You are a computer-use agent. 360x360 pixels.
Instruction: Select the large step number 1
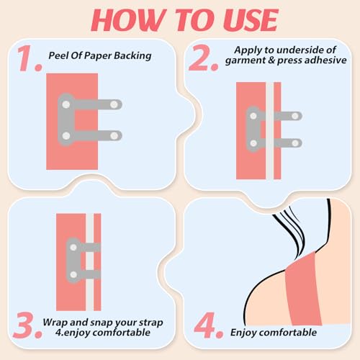click(x=28, y=61)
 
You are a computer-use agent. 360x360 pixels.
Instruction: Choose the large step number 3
click(x=29, y=323)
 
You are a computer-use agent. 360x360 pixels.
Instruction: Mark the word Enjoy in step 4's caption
click(x=244, y=332)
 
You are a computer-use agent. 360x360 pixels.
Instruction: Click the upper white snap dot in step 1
click(x=66, y=105)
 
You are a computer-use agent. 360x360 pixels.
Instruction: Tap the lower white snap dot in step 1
click(x=66, y=135)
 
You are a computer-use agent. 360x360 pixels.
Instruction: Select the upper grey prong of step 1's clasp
click(x=101, y=105)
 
